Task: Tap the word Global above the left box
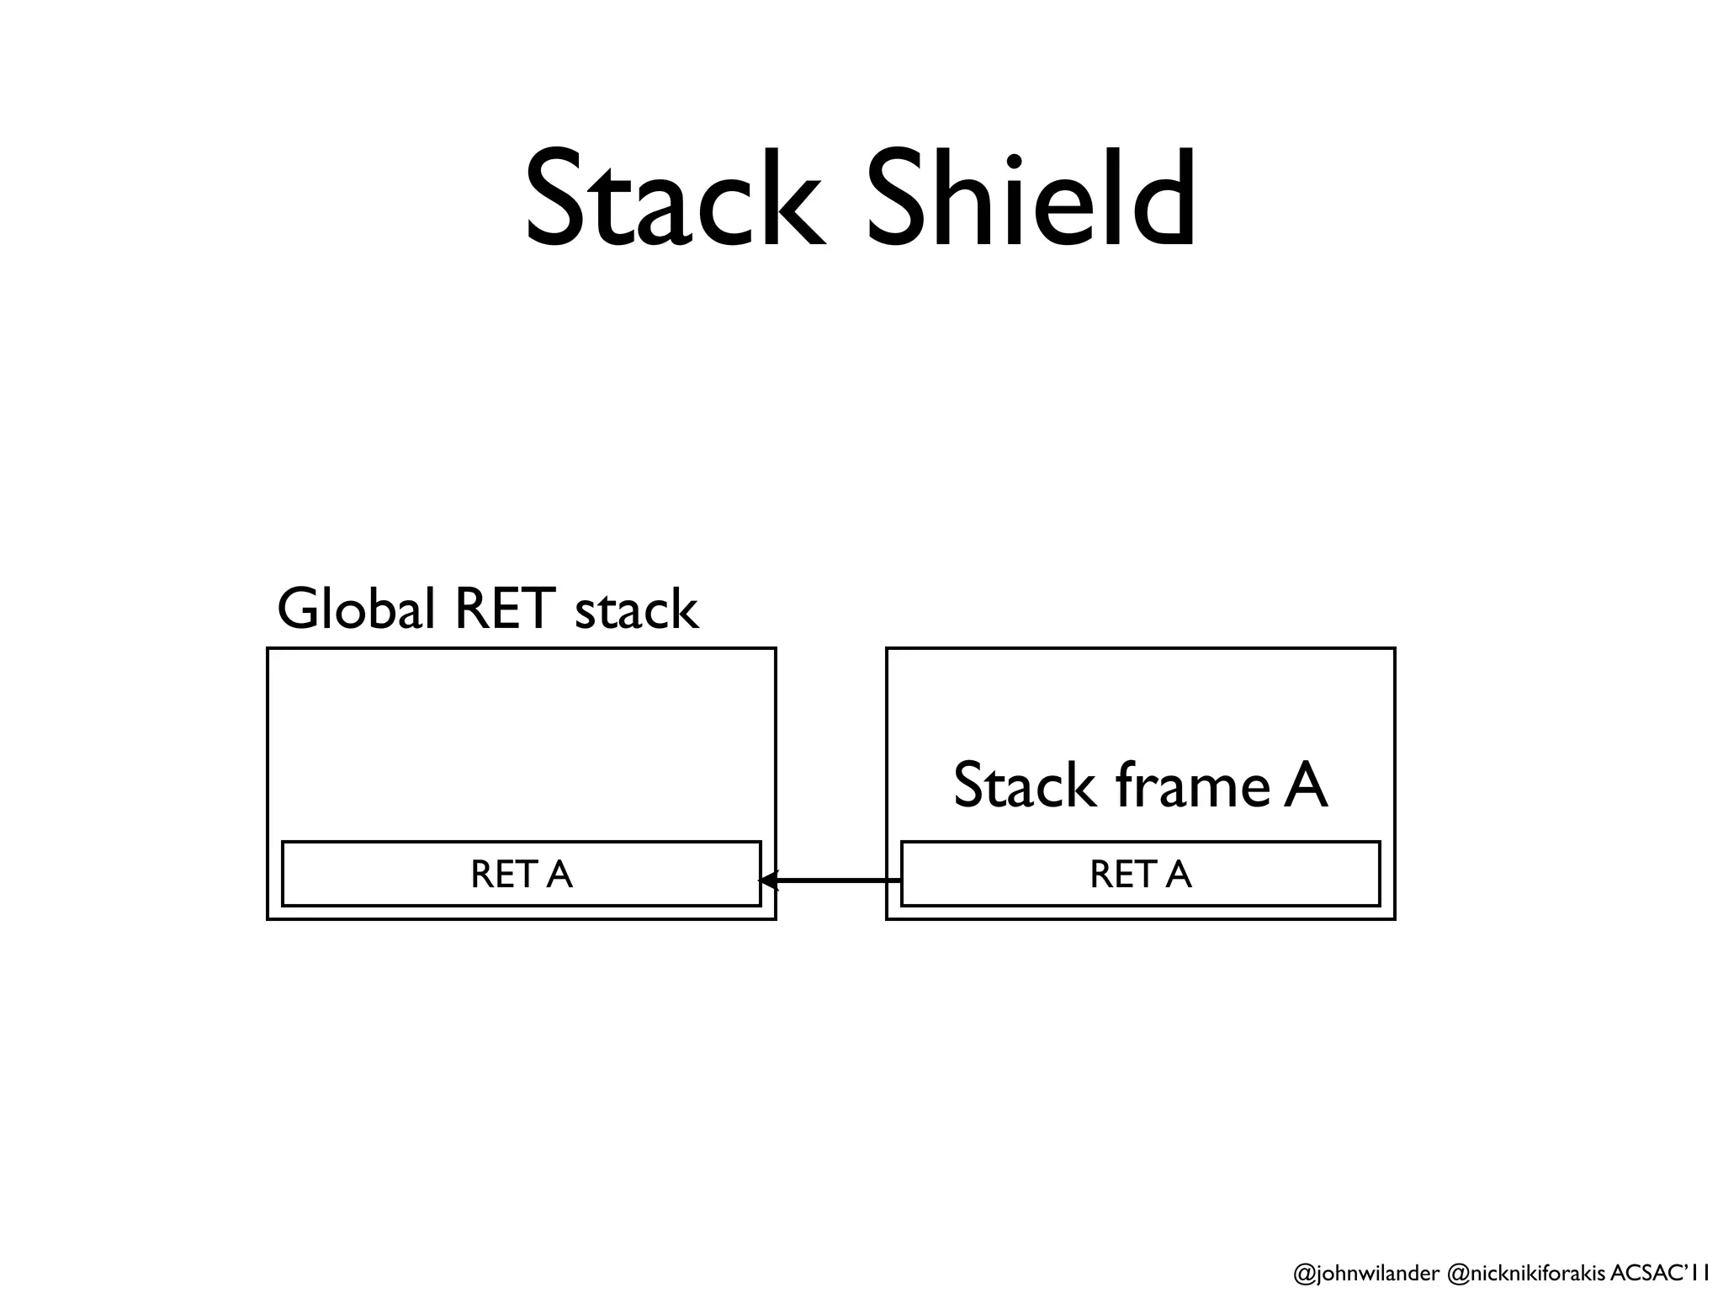[x=355, y=609]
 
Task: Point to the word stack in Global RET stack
[x=636, y=611]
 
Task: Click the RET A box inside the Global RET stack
[x=521, y=874]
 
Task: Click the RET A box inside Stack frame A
[x=1140, y=874]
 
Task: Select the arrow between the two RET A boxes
[x=833, y=881]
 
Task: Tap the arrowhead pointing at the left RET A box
[x=767, y=881]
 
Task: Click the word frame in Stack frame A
[x=1192, y=785]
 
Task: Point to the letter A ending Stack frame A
[x=1305, y=785]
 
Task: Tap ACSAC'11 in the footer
[x=1654, y=1272]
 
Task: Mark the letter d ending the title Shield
[x=1165, y=199]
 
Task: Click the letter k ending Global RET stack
[x=681, y=609]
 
